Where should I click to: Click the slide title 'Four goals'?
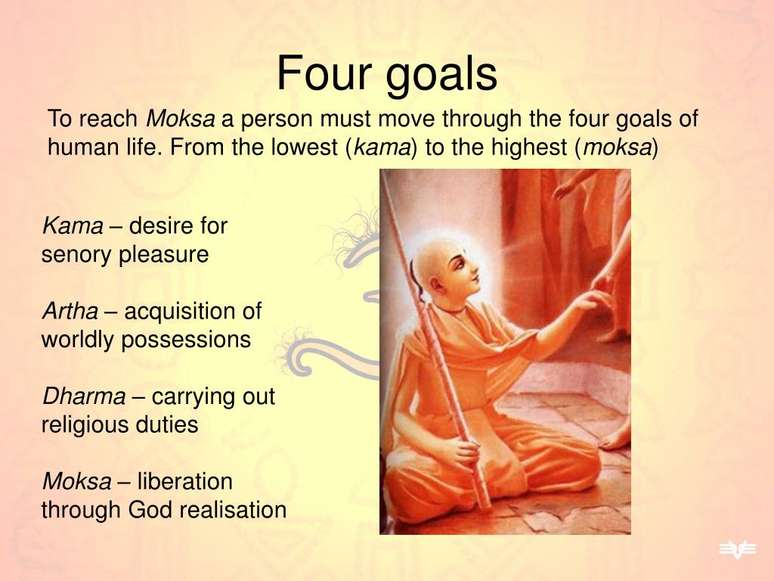pos(386,74)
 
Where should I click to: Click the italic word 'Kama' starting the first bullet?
pos(72,225)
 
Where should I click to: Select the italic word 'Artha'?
pos(70,311)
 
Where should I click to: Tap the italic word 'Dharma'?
pos(83,396)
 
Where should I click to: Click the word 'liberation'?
pos(184,481)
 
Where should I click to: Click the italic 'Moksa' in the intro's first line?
pos(180,119)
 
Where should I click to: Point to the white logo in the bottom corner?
pos(736,550)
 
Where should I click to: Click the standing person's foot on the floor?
pos(616,439)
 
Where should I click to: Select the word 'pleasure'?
pos(163,255)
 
